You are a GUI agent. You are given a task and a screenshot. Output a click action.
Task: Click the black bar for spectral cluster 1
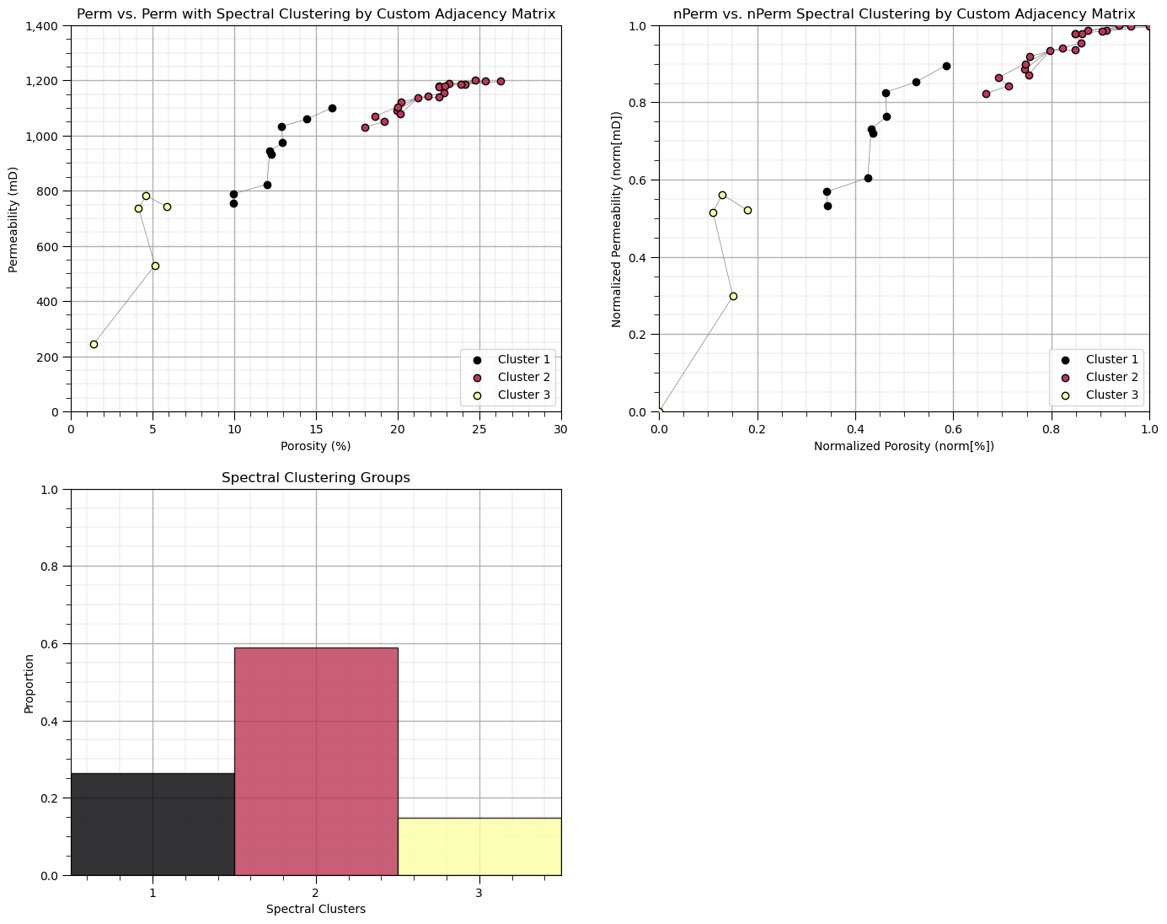coord(153,824)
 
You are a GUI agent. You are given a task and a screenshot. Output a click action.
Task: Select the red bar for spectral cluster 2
coord(316,760)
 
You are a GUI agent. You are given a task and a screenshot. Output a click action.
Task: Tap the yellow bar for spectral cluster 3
coord(479,846)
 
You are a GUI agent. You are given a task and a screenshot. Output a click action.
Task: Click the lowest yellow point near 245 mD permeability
coord(94,344)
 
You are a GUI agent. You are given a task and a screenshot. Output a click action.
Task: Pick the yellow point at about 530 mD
coord(155,266)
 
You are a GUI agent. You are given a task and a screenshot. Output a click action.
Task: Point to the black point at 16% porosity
coord(332,108)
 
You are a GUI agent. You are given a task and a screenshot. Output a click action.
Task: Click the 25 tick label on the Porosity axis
coord(479,430)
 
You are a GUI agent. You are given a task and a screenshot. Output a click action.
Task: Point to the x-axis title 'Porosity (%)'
coord(316,446)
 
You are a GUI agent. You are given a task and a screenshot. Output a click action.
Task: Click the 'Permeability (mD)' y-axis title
coord(13,219)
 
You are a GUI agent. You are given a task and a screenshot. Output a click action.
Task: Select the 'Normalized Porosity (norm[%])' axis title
coord(904,446)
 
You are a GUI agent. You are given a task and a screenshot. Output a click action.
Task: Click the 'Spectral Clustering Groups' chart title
coord(316,477)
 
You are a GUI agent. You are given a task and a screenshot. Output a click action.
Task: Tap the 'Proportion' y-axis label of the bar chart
coord(29,683)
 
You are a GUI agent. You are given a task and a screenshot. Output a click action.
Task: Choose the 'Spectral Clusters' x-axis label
coord(316,909)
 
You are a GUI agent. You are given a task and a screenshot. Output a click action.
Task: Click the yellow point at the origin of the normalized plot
coord(659,412)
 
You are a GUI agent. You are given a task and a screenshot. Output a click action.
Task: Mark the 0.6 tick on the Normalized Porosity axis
coord(953,430)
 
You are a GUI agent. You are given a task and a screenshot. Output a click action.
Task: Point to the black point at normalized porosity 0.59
coord(946,66)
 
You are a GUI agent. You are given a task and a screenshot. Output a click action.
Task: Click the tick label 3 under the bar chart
coord(479,893)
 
